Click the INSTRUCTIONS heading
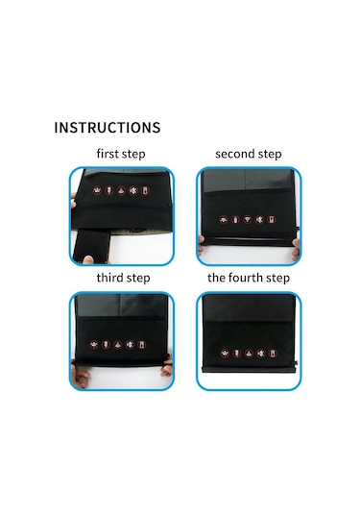click(x=108, y=128)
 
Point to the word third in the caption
click(x=109, y=278)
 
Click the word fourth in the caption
click(x=246, y=278)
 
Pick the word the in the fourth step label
click(x=216, y=278)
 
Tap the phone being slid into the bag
click(x=91, y=245)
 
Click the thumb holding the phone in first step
click(x=87, y=259)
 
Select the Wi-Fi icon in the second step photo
click(x=248, y=219)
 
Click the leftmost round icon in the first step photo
click(x=97, y=190)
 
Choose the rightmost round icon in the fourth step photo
click(x=273, y=354)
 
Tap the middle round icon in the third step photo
click(x=118, y=345)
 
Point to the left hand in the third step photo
click(x=79, y=374)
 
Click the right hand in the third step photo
click(x=167, y=368)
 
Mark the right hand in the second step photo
click(x=296, y=249)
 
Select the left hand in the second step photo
click(x=201, y=245)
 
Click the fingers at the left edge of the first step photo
click(x=74, y=200)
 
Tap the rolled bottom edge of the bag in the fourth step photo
click(x=249, y=369)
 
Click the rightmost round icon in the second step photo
click(x=272, y=219)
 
